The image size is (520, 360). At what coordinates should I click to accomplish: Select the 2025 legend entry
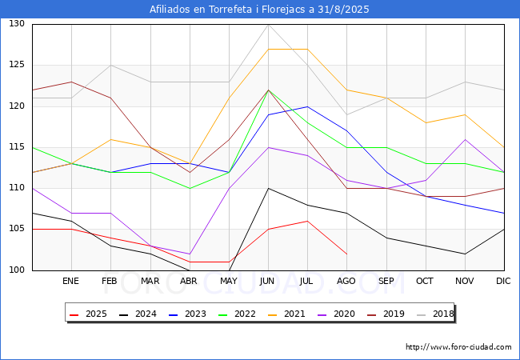(x=88, y=314)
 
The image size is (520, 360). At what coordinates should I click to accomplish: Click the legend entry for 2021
(x=286, y=314)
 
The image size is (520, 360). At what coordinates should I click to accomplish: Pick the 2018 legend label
(x=435, y=314)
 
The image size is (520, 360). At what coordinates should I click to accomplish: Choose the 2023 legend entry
(x=187, y=314)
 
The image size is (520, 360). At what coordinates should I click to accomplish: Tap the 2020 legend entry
(x=336, y=314)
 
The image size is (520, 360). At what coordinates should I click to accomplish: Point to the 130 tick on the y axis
(x=17, y=23)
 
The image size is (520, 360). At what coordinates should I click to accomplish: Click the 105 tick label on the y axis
(x=17, y=229)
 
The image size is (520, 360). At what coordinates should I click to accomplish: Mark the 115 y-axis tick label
(x=17, y=147)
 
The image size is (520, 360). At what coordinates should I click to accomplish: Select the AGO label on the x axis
(x=346, y=281)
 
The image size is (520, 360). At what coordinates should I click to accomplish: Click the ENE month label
(x=70, y=281)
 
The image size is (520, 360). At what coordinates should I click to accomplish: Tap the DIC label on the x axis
(x=503, y=281)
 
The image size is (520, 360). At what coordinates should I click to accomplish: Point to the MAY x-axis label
(x=229, y=281)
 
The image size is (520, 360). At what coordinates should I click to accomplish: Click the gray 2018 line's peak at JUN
(x=268, y=25)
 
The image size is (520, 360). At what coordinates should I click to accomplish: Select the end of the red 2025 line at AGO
(x=347, y=254)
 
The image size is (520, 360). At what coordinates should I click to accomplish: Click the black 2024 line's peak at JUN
(x=268, y=188)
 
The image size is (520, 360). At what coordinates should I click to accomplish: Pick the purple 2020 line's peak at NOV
(x=466, y=139)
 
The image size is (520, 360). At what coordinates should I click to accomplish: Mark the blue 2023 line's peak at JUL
(x=308, y=106)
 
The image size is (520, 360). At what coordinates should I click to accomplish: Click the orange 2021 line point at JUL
(x=308, y=49)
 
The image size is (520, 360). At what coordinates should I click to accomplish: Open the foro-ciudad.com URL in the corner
(x=458, y=347)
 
